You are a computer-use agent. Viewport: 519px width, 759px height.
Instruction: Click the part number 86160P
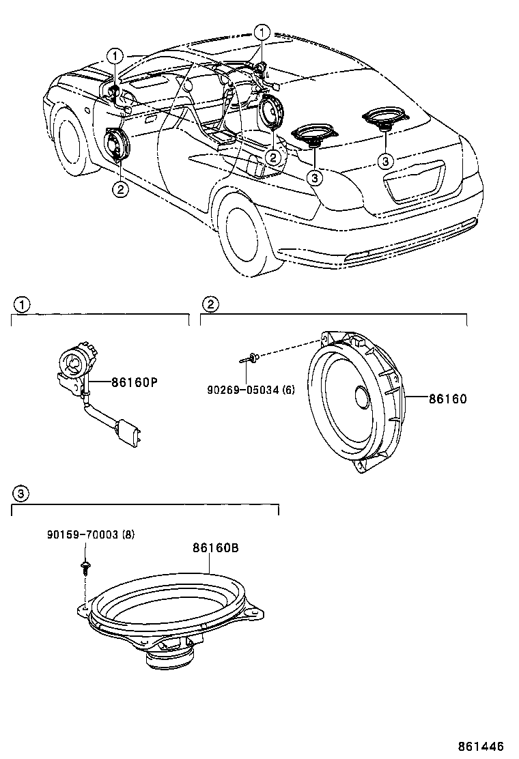click(135, 383)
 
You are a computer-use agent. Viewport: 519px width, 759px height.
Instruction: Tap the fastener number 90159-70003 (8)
click(91, 534)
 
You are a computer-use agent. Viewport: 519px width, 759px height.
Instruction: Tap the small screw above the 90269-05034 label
click(252, 357)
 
